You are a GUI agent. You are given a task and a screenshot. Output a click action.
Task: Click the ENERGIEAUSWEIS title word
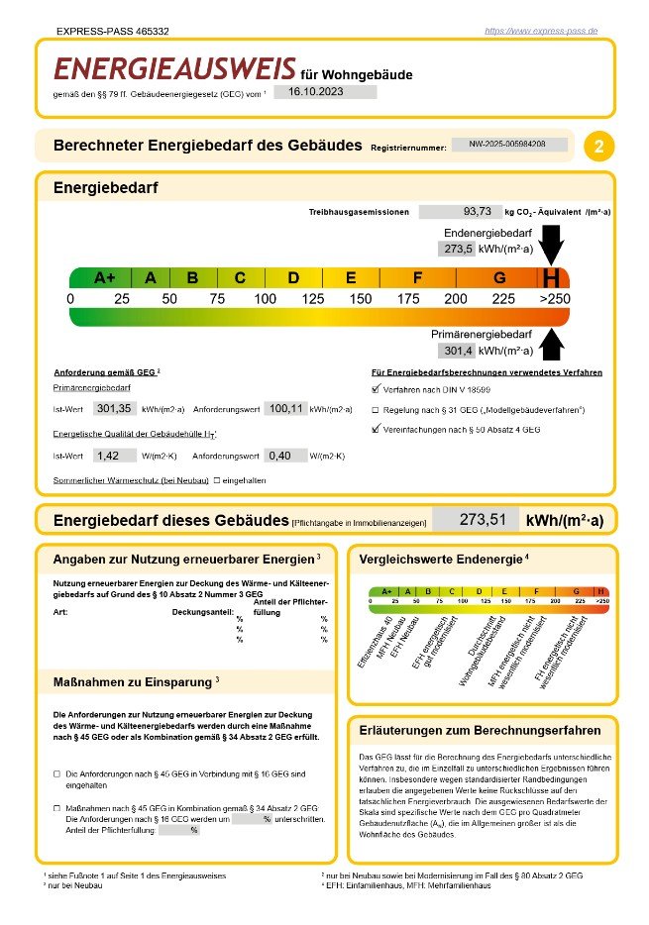(174, 68)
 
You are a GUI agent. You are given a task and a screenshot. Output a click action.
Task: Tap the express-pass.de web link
(541, 31)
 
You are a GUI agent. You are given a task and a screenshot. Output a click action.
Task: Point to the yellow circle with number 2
(598, 147)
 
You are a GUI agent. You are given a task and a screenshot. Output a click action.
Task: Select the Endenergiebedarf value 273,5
(455, 249)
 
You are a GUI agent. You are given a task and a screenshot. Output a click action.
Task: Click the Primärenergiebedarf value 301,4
(455, 351)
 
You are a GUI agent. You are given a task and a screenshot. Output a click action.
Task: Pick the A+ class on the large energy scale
(105, 278)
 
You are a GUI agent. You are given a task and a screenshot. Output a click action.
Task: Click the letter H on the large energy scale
(553, 278)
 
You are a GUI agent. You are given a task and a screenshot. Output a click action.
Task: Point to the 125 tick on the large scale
(313, 299)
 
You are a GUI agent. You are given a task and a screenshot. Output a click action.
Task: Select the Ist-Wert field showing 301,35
(115, 407)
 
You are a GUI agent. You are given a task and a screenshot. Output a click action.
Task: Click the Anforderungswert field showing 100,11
(285, 407)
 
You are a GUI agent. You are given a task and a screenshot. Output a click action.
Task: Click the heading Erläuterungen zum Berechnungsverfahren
(479, 731)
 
